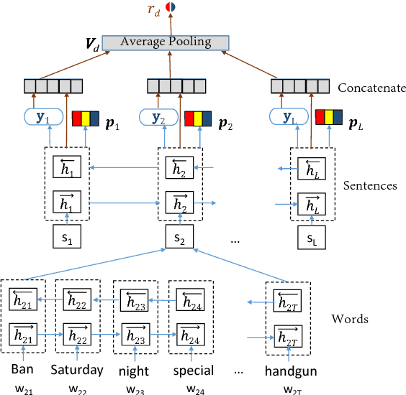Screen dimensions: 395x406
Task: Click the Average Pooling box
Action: point(166,42)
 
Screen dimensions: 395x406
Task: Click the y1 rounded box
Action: point(44,117)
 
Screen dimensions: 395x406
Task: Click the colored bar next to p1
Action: point(86,118)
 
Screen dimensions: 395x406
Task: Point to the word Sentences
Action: point(370,185)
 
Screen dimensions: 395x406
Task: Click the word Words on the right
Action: point(349,318)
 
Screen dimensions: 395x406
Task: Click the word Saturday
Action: point(77,371)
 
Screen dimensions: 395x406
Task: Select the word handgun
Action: point(289,371)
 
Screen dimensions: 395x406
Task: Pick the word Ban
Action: point(22,371)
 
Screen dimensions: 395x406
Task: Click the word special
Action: point(193,371)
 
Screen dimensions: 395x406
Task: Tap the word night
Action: point(135,371)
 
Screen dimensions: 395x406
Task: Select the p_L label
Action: point(356,116)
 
